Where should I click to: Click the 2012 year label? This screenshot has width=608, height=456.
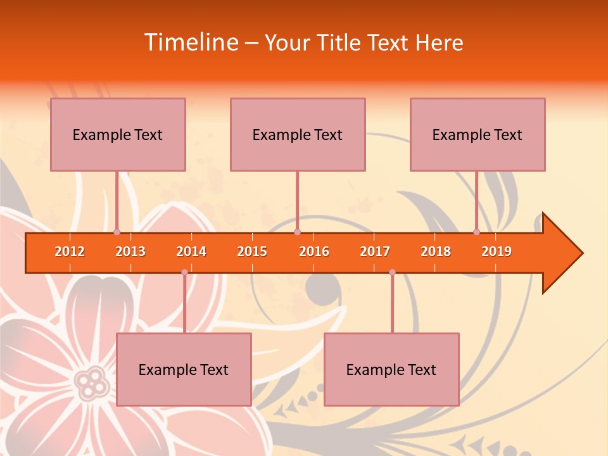pos(70,251)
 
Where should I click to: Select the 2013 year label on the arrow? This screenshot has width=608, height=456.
pos(130,251)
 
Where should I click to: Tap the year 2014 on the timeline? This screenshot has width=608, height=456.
pos(191,251)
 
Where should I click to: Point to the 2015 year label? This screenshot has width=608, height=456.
pos(252,251)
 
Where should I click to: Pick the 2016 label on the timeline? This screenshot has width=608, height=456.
pos(314,251)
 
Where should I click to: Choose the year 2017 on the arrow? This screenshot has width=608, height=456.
pos(375,251)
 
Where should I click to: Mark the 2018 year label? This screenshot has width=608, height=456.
pos(436,251)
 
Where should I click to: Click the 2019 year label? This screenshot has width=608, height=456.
pos(497,251)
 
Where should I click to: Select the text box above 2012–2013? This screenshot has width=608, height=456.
pos(118,134)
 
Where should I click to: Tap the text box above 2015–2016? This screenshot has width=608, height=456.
pos(298,134)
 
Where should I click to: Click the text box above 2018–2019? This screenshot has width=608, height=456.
pos(478,134)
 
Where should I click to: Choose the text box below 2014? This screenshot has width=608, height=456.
pos(184,369)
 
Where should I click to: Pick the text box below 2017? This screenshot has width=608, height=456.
pos(391,369)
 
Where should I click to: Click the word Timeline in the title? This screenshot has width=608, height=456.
pos(190,42)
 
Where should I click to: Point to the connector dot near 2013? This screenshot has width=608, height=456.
pos(117,232)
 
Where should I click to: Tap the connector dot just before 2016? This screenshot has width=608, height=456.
pos(297,232)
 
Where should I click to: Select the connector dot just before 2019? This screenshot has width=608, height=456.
pos(477,232)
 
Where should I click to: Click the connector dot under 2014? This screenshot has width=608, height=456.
pos(184,272)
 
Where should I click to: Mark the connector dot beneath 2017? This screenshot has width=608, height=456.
pos(392,272)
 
